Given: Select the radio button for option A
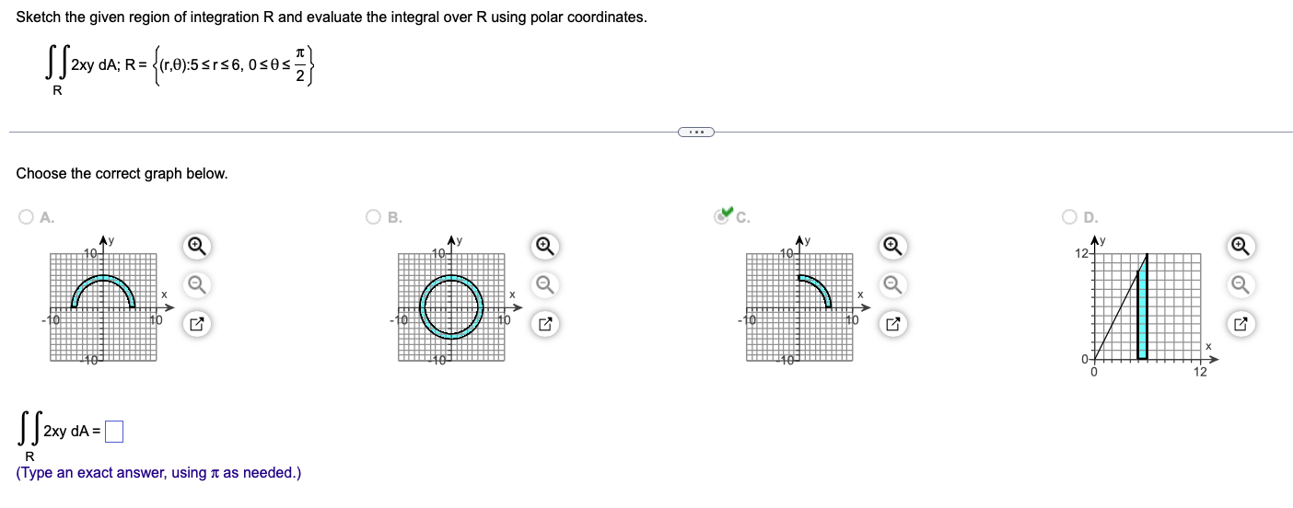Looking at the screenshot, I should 25,217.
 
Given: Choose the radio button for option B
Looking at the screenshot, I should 373,217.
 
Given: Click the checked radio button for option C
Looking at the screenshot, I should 722,217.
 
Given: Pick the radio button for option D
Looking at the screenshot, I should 1069,217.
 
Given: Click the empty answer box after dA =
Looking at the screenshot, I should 114,430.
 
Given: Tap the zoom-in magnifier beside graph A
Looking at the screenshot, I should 194,246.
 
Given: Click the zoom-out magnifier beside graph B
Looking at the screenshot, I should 544,283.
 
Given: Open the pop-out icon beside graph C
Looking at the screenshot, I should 892,323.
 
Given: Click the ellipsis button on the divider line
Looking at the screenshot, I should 695,133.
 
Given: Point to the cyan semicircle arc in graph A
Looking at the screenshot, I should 103,279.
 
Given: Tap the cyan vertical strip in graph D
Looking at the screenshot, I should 1143,313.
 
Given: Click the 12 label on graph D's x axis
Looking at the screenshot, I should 1199,372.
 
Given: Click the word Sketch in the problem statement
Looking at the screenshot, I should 40,17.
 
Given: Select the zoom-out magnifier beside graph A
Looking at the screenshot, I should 194,283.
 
